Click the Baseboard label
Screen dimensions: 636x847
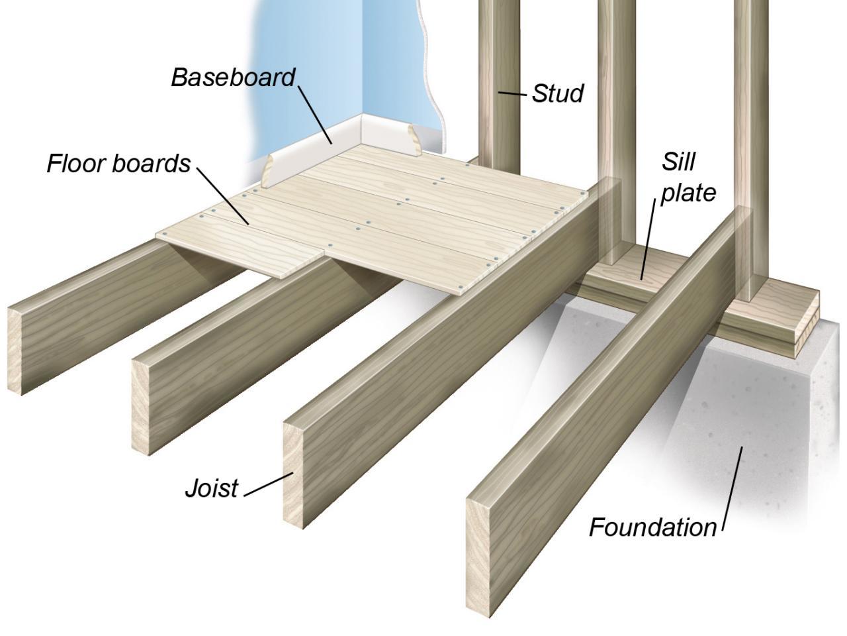click(x=233, y=78)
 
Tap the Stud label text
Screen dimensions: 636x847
click(x=558, y=94)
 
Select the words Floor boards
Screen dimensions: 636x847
click(x=118, y=163)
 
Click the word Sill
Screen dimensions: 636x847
click(x=678, y=161)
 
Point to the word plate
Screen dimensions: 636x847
click(x=689, y=193)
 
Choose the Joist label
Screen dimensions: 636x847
click(x=211, y=488)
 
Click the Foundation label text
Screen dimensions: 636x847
click(x=652, y=527)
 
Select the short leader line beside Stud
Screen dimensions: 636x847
click(x=513, y=94)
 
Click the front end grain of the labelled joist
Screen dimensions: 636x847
click(x=298, y=474)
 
